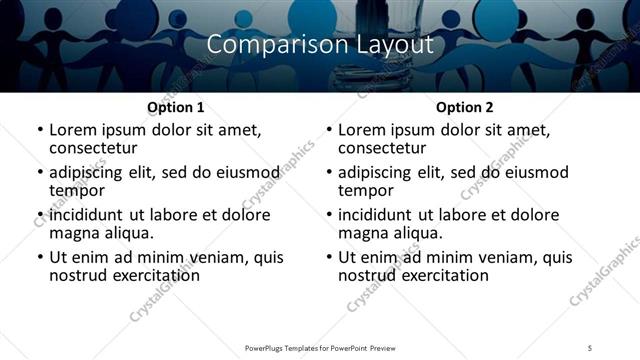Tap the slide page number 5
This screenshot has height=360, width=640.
click(590, 347)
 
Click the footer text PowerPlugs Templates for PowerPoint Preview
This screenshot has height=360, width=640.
click(319, 347)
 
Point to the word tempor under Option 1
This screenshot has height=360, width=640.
click(77, 189)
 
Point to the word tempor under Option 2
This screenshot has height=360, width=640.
click(366, 189)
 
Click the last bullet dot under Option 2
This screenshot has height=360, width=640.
click(328, 257)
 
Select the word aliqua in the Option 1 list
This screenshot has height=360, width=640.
click(127, 232)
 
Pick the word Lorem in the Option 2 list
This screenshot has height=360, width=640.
click(361, 130)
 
